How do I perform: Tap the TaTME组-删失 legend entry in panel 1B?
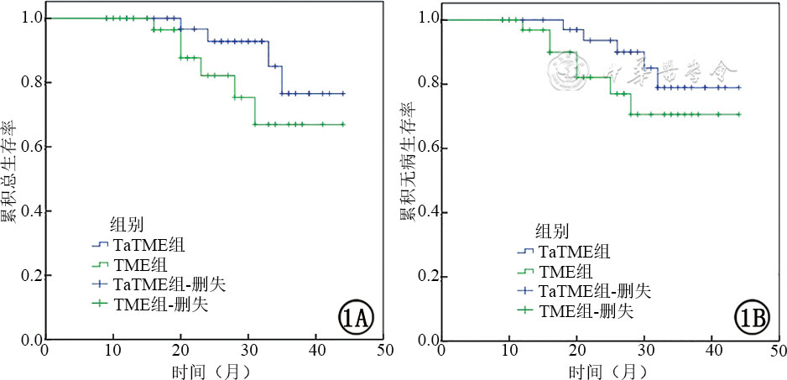[x=583, y=291]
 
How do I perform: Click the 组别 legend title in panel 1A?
[x=126, y=224]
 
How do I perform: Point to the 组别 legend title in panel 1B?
[x=551, y=230]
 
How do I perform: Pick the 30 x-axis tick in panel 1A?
[x=248, y=351]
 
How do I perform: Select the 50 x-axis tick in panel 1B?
[x=779, y=351]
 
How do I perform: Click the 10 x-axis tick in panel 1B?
[x=508, y=351]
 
